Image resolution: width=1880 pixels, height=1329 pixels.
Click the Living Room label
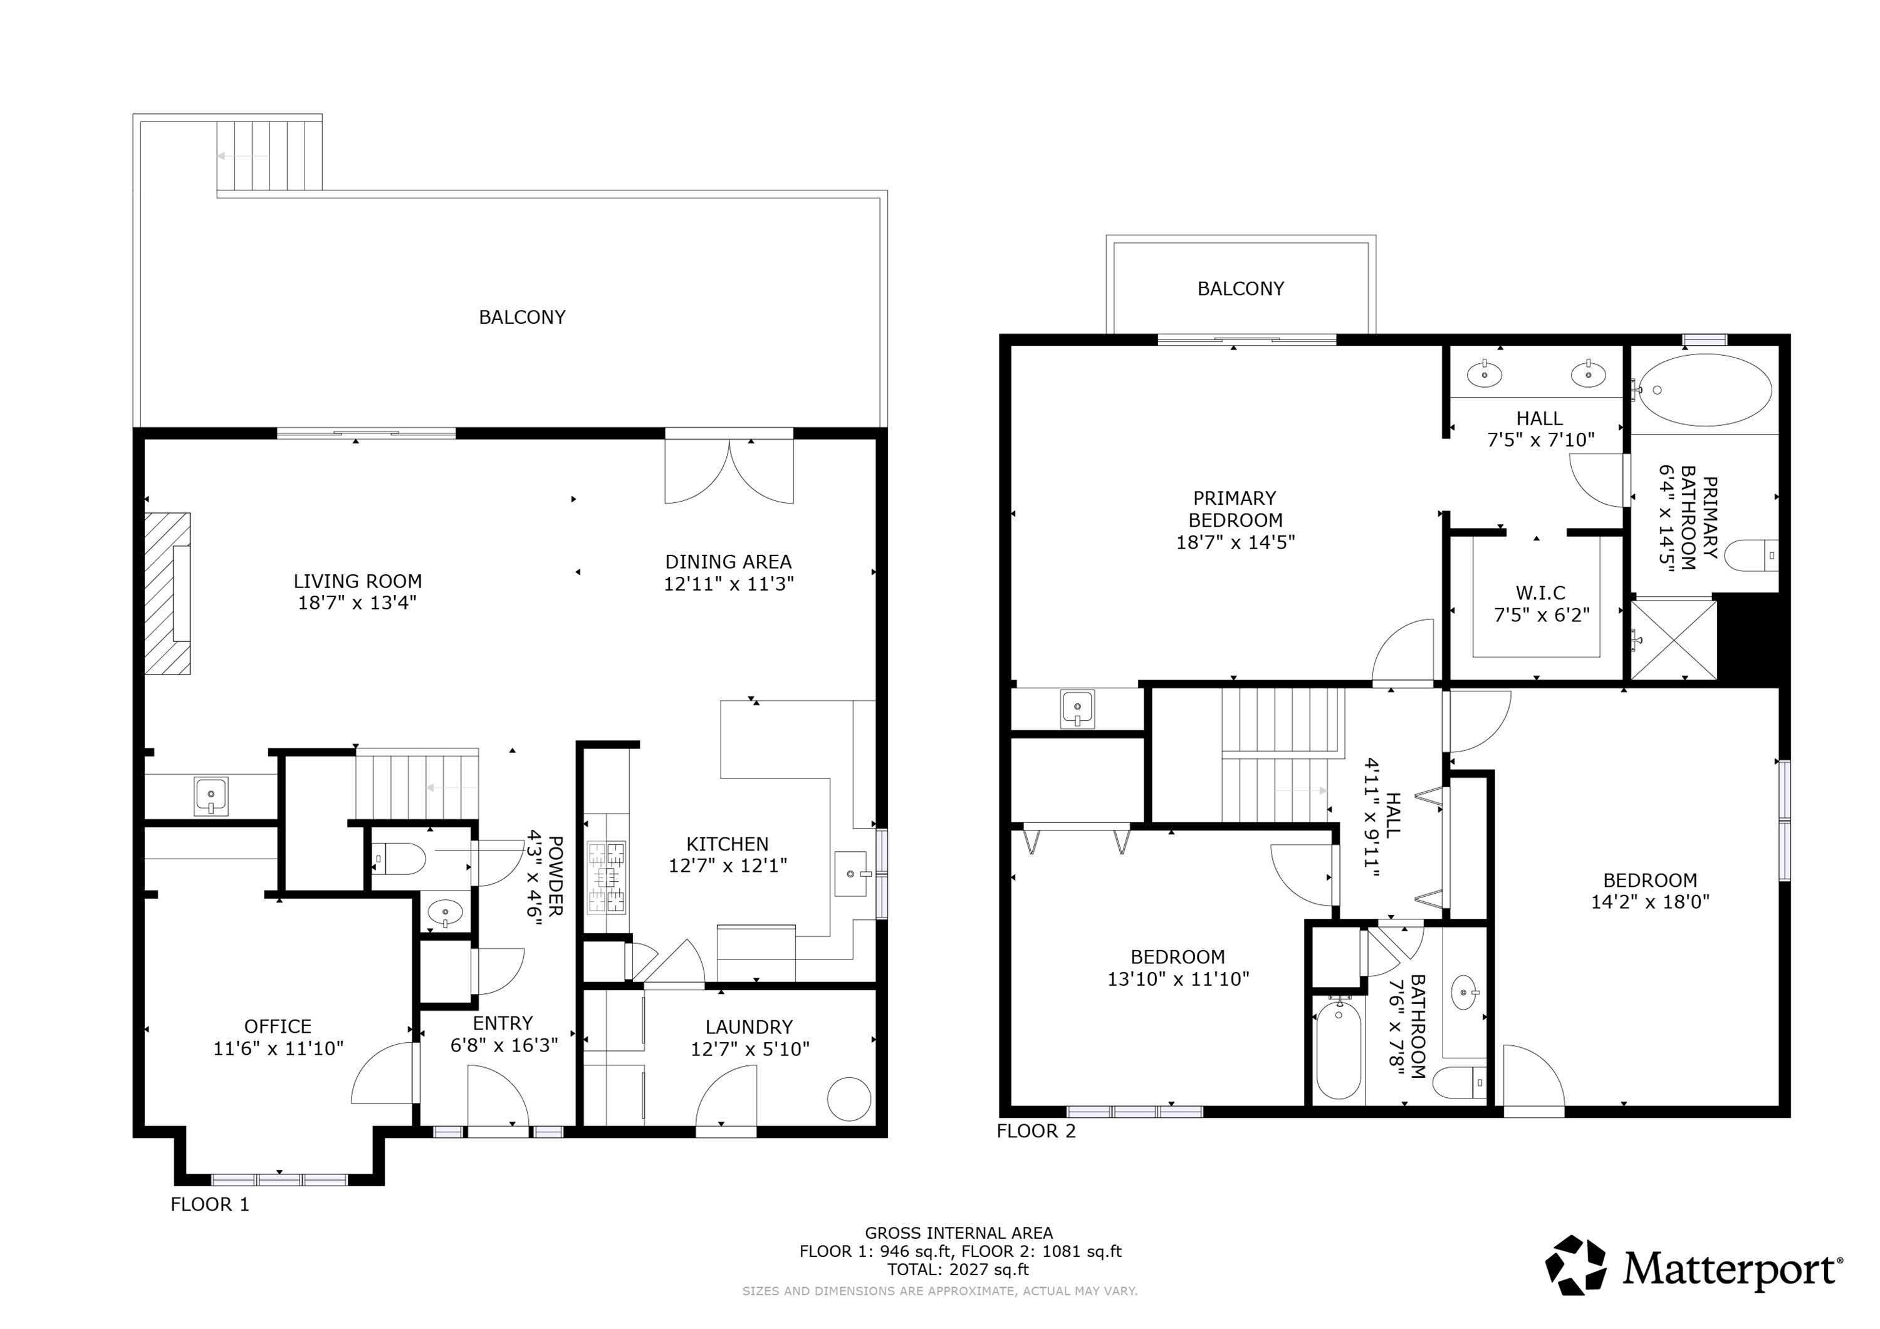pos(358,581)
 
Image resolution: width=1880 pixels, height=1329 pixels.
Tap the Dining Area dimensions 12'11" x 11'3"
pos(729,584)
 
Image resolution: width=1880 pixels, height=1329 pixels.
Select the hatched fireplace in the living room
pos(168,593)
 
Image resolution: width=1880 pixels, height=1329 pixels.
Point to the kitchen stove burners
pos(607,878)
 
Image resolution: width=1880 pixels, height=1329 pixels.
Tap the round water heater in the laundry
pos(849,1099)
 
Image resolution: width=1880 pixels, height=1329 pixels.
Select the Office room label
pos(278,1026)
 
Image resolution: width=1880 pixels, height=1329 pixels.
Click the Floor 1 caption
pos(209,1204)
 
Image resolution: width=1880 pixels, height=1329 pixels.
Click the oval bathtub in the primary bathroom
pos(1705,390)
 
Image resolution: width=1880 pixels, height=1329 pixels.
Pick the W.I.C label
pos(1541,592)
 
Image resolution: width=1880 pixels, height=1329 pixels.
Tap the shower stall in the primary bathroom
pos(1674,640)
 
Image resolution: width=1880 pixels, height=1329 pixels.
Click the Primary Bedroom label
pos(1235,509)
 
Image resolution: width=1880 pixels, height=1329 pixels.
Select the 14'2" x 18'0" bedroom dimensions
pos(1650,902)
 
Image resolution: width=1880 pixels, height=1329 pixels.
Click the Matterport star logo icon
pos(1576,1266)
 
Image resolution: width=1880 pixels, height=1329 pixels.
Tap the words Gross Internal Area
pos(959,1233)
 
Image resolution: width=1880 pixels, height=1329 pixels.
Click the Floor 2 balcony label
pos(1241,289)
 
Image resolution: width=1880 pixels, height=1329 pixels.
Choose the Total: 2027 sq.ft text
pos(958,1270)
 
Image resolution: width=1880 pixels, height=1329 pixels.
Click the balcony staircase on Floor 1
pos(269,155)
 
